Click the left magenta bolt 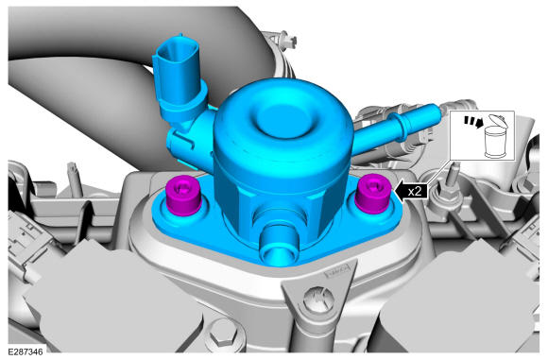pos(183,197)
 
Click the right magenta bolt pos(373,194)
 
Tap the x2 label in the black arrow pos(415,191)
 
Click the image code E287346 pos(26,351)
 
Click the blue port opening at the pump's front pos(279,246)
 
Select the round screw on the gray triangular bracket pos(318,300)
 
